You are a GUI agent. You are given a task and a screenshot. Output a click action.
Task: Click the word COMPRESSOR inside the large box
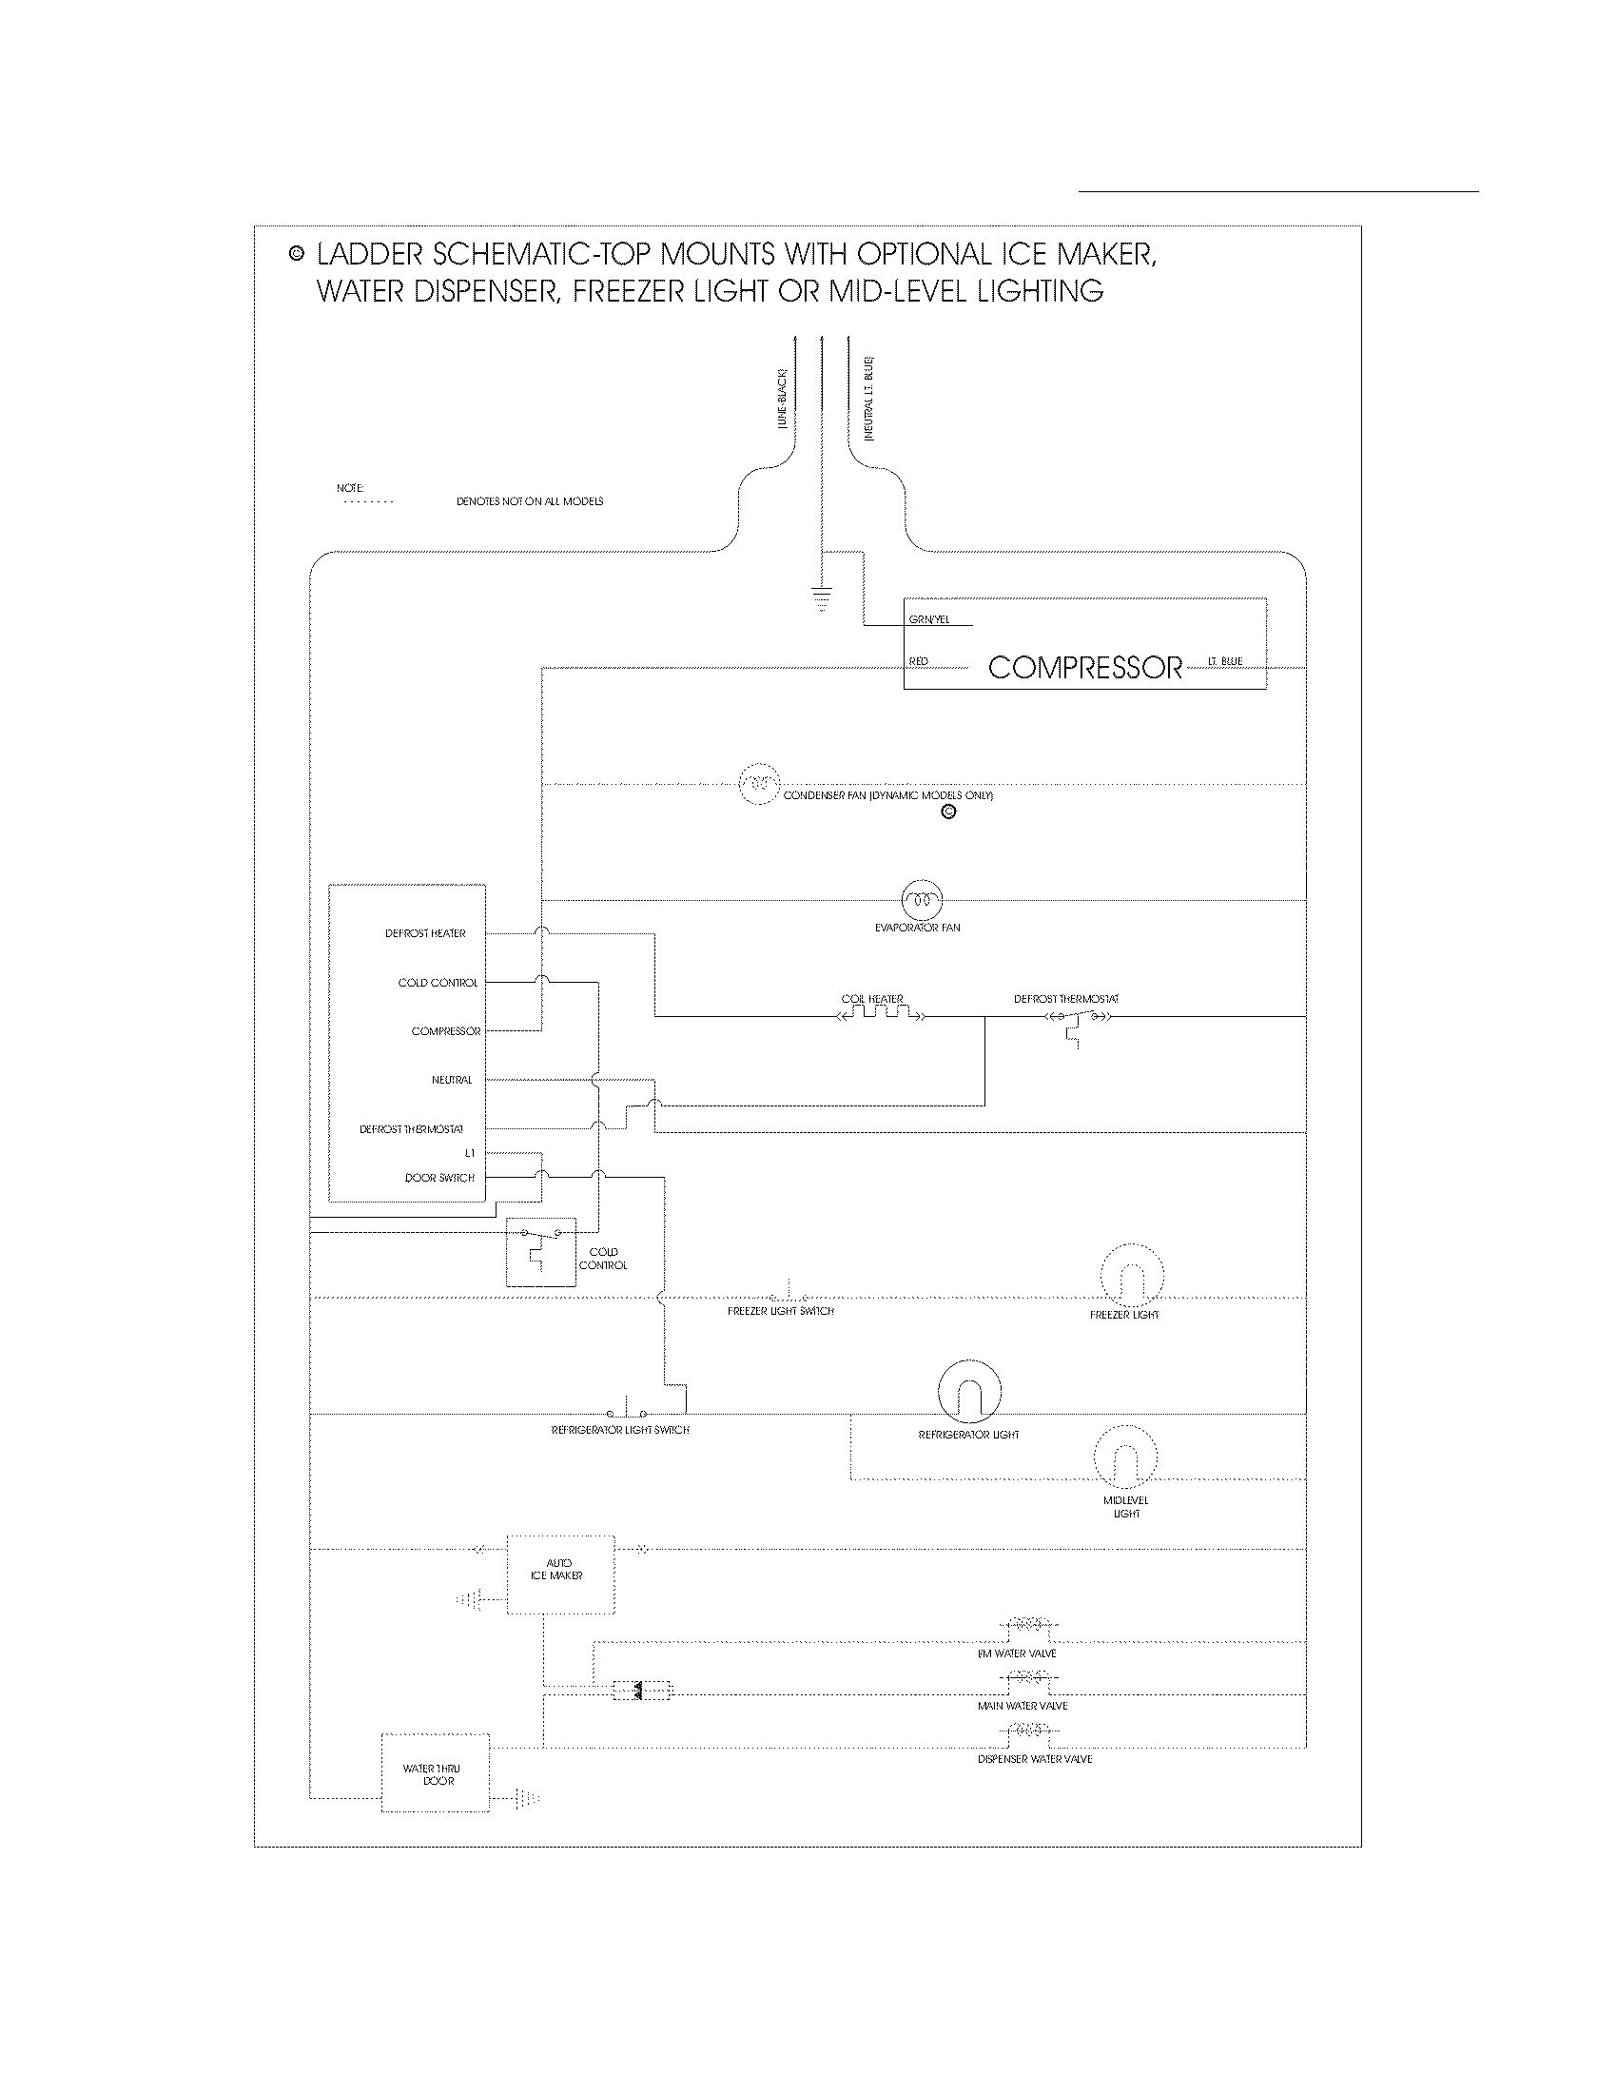click(1084, 668)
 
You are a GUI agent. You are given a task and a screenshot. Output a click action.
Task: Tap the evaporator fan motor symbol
click(922, 900)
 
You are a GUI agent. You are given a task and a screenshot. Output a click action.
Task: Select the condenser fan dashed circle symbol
click(758, 784)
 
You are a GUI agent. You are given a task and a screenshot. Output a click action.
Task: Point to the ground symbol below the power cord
click(821, 599)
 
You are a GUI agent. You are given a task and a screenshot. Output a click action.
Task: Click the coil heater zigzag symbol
click(881, 1014)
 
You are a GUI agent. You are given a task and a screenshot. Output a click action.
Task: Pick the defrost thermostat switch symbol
click(1078, 1018)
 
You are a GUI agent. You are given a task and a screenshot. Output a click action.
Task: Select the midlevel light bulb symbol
click(1125, 1457)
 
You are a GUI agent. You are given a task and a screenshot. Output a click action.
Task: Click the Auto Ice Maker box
click(559, 1575)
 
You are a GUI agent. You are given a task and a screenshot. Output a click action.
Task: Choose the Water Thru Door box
click(435, 1773)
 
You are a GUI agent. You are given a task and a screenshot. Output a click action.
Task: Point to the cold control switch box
click(540, 1252)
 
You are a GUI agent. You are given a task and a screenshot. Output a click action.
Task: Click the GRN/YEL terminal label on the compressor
click(929, 620)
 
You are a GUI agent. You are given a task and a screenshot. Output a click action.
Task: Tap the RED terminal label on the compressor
click(918, 662)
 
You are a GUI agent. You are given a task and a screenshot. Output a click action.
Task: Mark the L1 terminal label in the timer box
click(469, 1153)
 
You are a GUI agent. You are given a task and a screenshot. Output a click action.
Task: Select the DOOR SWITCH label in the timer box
click(438, 1178)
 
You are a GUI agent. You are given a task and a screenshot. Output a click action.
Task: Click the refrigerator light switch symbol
click(627, 1412)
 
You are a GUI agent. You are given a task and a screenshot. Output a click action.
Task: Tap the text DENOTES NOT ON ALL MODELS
click(530, 501)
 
